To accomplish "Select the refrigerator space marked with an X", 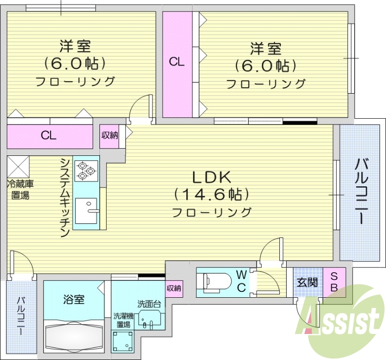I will click(x=18, y=166).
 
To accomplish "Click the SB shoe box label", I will click(x=334, y=281).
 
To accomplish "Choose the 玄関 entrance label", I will click(x=307, y=282).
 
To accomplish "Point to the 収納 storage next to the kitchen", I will click(x=110, y=135).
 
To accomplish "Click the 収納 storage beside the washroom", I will click(x=174, y=288).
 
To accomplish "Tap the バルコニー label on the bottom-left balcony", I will click(x=21, y=318).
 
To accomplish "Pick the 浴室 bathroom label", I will click(x=74, y=299).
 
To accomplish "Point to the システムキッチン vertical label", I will click(x=65, y=198).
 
